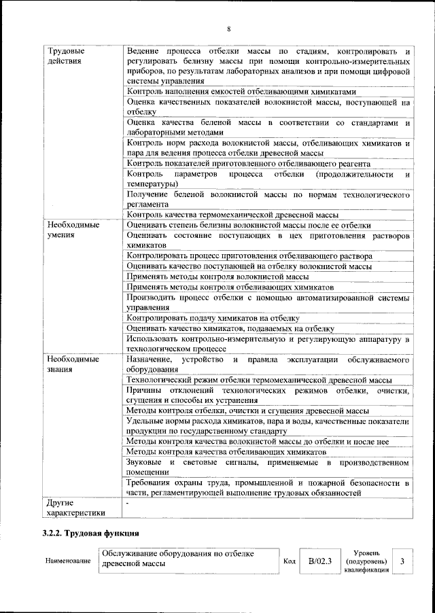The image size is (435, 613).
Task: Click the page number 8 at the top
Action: point(228,28)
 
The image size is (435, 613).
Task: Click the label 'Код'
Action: point(288,562)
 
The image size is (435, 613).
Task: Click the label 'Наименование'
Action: point(68,562)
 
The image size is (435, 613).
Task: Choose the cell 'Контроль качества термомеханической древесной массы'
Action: point(232,215)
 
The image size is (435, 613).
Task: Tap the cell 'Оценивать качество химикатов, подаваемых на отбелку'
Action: point(230,328)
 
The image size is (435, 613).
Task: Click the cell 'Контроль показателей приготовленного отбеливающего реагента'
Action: point(248,163)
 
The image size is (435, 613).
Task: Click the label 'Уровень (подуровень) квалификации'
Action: point(366,561)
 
